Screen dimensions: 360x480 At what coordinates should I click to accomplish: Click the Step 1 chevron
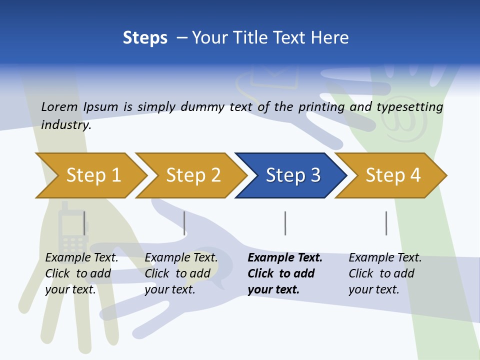93,175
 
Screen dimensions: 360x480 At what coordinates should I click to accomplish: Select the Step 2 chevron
193,175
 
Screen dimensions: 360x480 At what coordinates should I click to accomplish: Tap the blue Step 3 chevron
292,175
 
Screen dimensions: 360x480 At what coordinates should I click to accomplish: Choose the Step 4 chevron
392,175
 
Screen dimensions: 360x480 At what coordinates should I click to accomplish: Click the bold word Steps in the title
145,38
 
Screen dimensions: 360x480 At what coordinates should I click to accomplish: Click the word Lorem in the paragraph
59,106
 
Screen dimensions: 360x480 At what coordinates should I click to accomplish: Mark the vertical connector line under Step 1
84,223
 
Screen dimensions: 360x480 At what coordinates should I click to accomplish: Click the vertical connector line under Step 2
184,223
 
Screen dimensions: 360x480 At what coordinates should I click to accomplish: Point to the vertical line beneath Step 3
285,223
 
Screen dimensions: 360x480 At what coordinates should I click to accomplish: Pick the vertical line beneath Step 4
386,223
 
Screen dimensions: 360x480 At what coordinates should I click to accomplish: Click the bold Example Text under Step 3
285,258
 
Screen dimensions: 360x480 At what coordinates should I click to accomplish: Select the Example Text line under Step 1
81,258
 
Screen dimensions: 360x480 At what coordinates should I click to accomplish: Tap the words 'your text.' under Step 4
373,289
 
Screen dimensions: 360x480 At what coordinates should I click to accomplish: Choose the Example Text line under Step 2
181,258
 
